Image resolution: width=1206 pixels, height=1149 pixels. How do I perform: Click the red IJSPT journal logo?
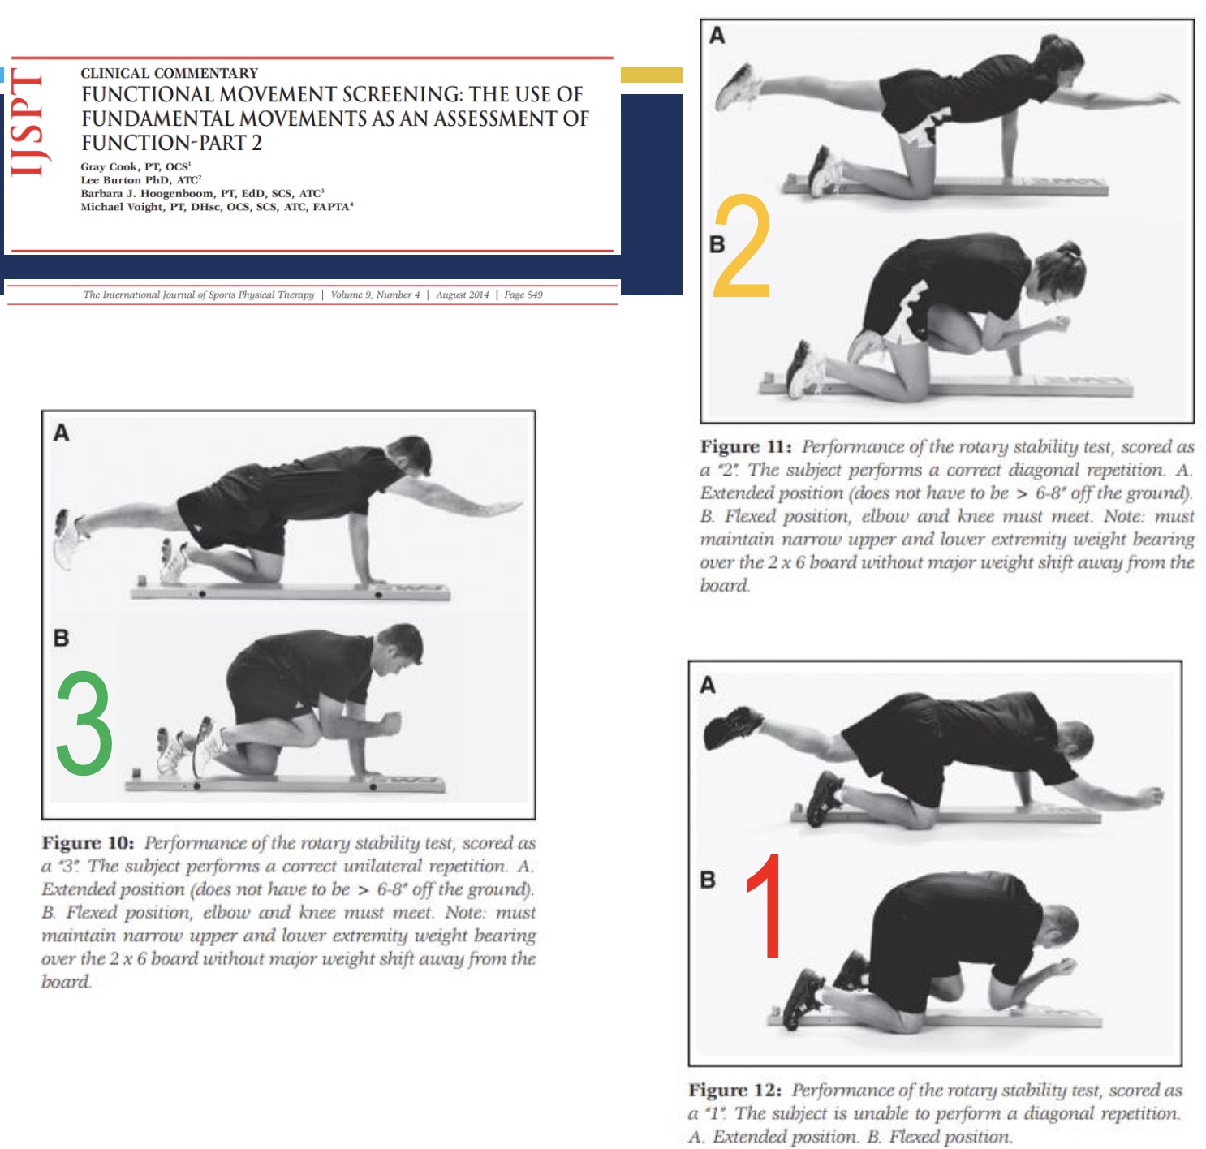26,123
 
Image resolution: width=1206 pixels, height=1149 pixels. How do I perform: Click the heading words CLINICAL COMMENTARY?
169,73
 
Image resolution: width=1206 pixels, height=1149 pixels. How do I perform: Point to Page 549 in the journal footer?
523,295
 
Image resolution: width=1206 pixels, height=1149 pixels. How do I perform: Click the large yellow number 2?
741,247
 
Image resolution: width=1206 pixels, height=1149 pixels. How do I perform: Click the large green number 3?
84,724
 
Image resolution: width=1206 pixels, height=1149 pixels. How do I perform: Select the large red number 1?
765,907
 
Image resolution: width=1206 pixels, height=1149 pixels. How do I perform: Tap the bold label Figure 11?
746,447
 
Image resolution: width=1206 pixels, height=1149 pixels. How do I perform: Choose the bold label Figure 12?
735,1090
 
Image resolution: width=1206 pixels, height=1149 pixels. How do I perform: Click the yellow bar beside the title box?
651,75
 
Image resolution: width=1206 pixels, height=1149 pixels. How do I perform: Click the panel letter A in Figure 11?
717,36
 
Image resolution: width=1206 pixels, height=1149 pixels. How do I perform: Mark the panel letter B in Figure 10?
61,639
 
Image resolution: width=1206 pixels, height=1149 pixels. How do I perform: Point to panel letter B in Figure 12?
708,880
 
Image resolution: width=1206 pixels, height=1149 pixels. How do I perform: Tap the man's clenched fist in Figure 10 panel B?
391,721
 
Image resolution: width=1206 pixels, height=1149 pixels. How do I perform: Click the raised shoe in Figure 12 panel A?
733,726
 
